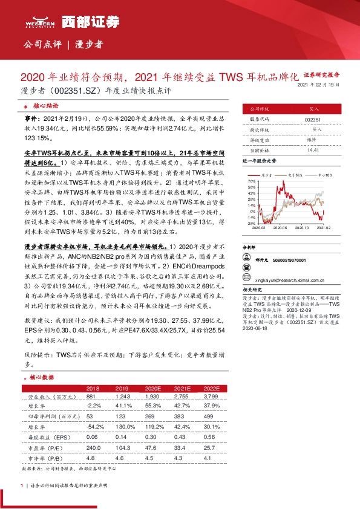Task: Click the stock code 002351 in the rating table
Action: pos(313,120)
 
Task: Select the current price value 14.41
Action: pos(313,150)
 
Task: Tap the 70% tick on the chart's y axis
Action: pos(252,181)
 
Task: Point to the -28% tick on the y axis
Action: pos(251,223)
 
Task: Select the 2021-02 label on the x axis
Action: pos(324,228)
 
